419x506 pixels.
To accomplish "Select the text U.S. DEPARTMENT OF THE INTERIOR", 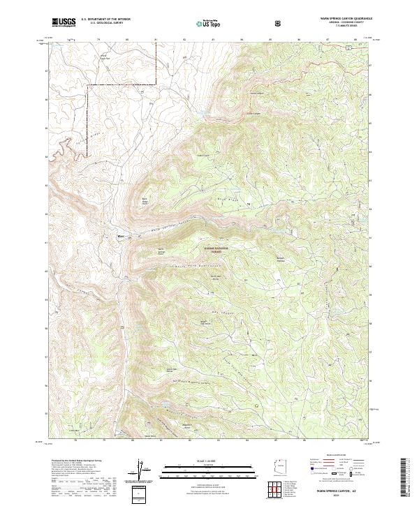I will pyautogui.click(x=106, y=20).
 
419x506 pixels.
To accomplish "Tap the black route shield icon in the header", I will pyautogui.click(x=279, y=23).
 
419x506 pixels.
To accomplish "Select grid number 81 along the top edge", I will pyautogui.click(x=155, y=40).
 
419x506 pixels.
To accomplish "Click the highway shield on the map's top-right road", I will pyautogui.click(x=346, y=46).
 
